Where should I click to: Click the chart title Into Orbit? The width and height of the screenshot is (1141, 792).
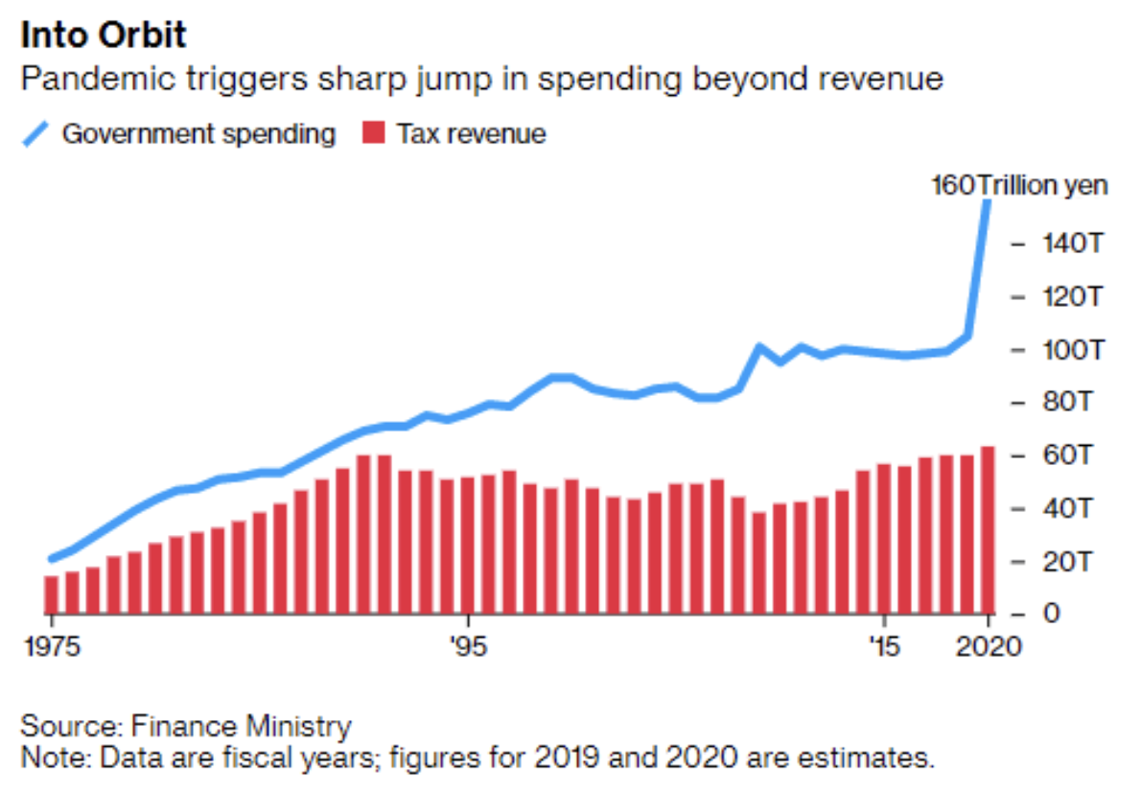pos(104,35)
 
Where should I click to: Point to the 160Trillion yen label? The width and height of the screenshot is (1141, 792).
pos(1019,185)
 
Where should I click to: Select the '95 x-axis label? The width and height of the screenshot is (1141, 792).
pos(467,646)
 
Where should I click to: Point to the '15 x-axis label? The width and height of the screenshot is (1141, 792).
pos(885,646)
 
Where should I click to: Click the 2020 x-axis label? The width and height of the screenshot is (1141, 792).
pos(988,646)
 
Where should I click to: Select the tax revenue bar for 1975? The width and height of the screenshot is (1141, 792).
pos(52,594)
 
